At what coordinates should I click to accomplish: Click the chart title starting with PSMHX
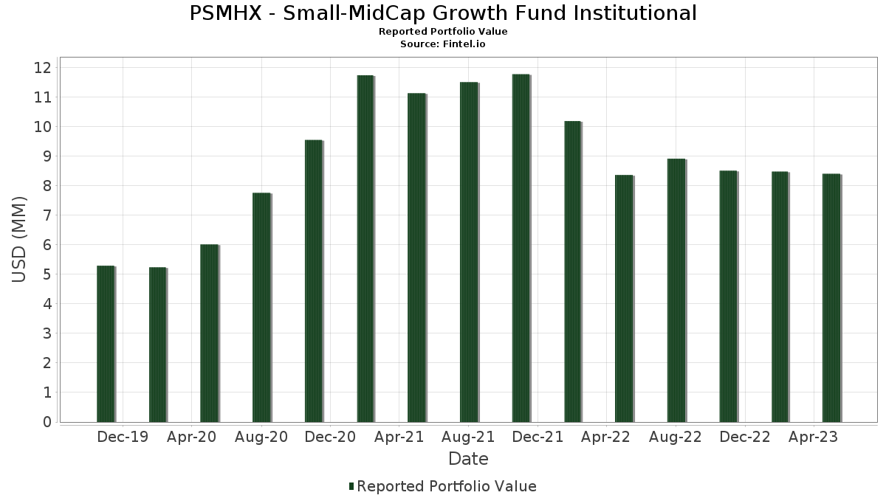[x=443, y=13]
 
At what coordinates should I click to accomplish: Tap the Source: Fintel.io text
[x=443, y=44]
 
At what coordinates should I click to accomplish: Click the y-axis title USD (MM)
[x=20, y=239]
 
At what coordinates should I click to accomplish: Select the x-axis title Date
[x=468, y=459]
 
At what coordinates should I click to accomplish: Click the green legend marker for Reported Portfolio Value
[x=351, y=486]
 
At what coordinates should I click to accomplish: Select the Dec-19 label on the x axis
[x=123, y=438]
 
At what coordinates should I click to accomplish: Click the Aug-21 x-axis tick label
[x=468, y=438]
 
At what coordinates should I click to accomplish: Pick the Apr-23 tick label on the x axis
[x=813, y=438]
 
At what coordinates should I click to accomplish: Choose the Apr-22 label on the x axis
[x=605, y=438]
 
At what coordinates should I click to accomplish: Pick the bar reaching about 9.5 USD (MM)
[x=313, y=281]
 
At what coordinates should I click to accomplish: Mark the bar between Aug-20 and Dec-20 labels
[x=313, y=281]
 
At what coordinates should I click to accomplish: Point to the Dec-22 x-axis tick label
[x=745, y=438]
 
